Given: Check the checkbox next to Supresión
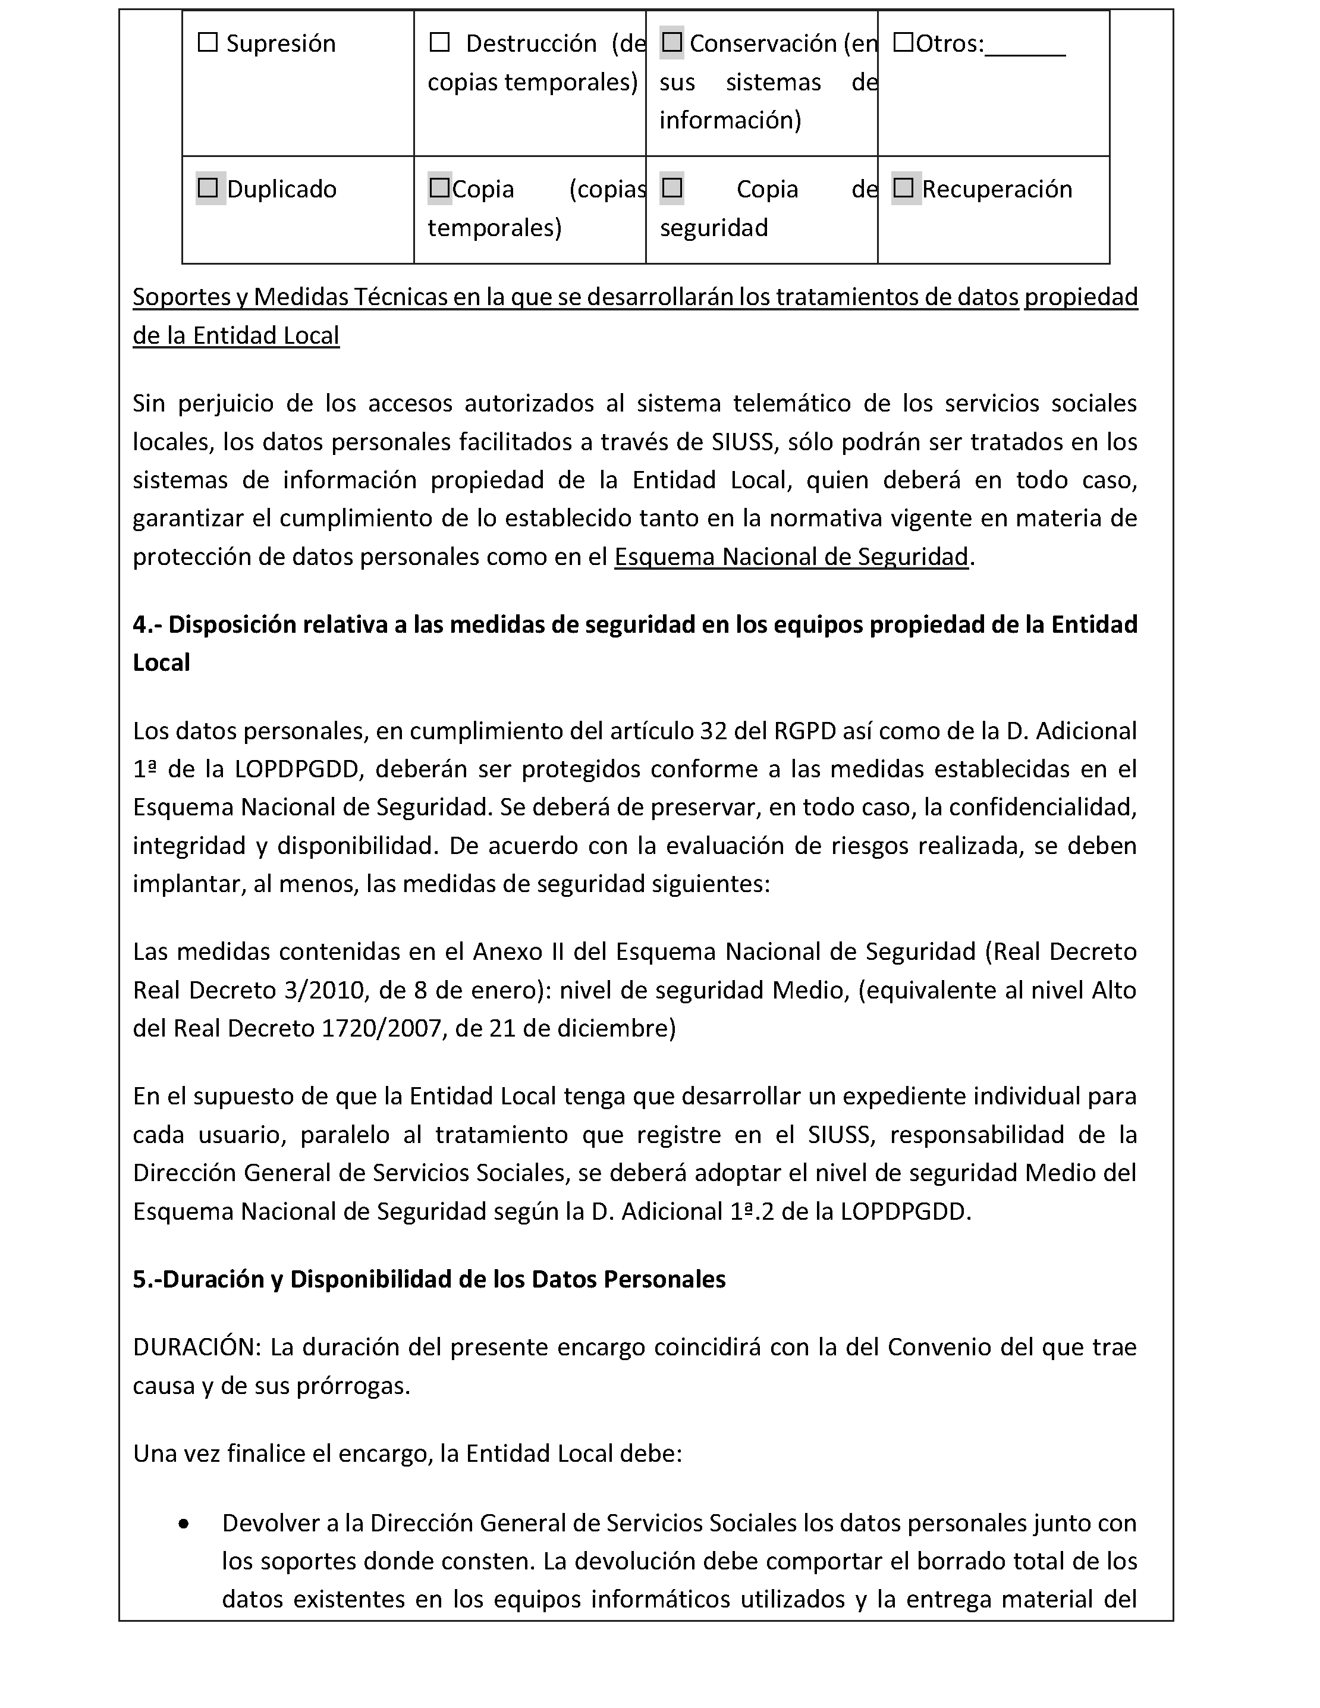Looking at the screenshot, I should pos(208,42).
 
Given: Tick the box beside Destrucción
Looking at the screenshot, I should pos(439,42).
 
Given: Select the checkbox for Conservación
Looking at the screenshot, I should pos(672,42).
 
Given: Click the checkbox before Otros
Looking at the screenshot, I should pos(903,42).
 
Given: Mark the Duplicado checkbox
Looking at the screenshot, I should pos(208,188).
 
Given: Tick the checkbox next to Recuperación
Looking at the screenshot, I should pos(903,188).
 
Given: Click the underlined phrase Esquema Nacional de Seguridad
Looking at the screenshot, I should pos(791,556).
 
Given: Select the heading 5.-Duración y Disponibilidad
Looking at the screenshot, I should pos(429,1279).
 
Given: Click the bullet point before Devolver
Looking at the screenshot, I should pos(184,1524).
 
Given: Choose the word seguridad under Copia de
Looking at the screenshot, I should pos(713,228).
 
